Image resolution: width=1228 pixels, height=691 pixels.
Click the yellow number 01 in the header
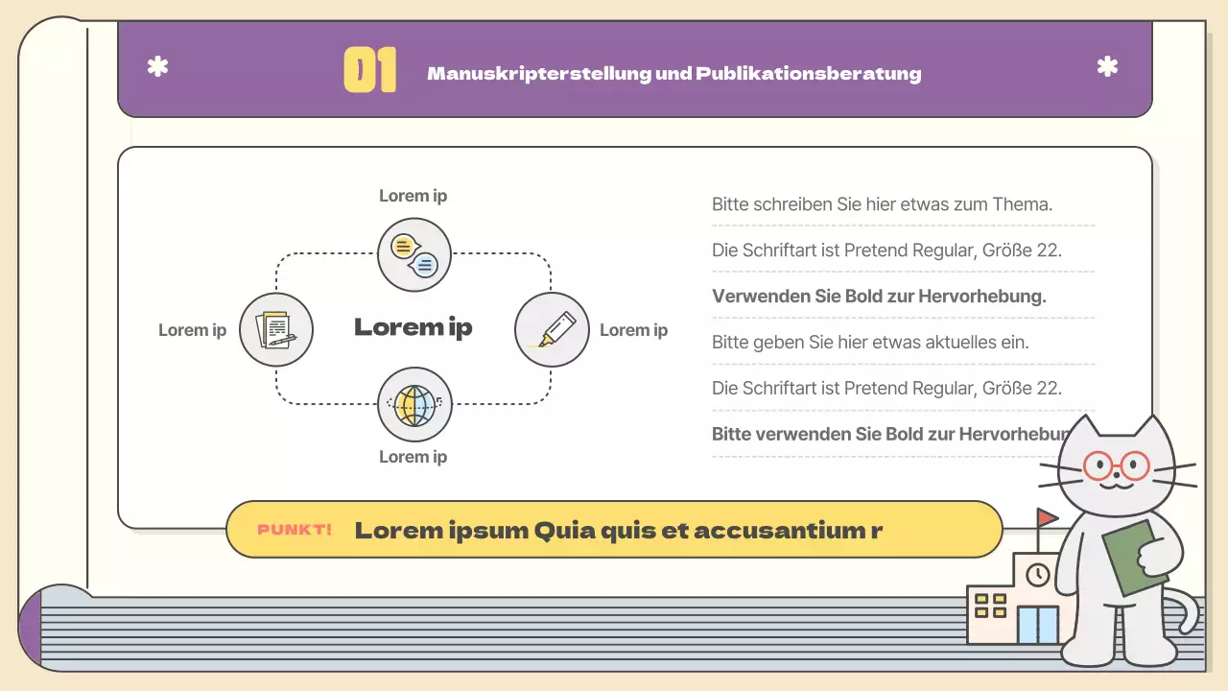[x=369, y=72]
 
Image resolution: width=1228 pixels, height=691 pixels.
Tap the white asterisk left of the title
[x=157, y=67]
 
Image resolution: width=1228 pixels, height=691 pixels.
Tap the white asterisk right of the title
[x=1107, y=67]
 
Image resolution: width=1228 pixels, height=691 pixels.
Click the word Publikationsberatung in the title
[x=809, y=74]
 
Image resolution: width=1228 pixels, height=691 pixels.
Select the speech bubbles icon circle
[x=414, y=254]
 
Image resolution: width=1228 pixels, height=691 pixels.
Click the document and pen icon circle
[x=276, y=329]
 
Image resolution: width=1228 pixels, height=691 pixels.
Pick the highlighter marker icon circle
[x=552, y=329]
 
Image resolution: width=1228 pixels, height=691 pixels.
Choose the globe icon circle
[x=414, y=404]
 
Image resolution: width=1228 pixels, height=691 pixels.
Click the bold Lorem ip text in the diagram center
[x=413, y=327]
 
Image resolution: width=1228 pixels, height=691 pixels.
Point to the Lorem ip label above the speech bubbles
[x=413, y=196]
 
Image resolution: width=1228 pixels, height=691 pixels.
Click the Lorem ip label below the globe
[x=413, y=457]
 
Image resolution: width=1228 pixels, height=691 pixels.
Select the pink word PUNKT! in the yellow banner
[x=295, y=530]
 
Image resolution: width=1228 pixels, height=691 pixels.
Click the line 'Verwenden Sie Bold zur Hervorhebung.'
[x=879, y=296]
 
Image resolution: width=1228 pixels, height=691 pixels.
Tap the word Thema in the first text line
[x=1022, y=203]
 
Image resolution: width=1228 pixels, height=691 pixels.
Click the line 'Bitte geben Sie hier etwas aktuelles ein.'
[x=870, y=342]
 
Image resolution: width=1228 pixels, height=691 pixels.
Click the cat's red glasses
[x=1116, y=466]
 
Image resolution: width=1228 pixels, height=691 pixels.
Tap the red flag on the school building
[x=1047, y=517]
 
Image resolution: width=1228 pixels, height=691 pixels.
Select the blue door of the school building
[x=1037, y=625]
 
